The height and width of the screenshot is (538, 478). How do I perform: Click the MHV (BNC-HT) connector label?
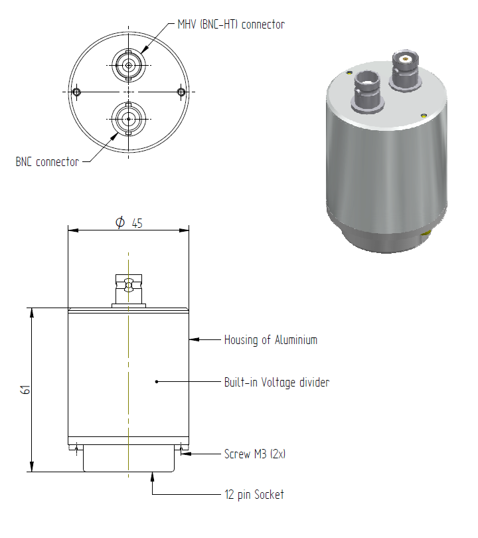[231, 25]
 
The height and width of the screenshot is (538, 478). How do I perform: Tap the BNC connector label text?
[47, 161]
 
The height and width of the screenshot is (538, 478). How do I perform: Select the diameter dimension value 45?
[137, 223]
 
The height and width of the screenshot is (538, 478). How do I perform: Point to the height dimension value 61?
[25, 390]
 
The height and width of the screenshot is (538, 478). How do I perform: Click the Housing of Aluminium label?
[271, 339]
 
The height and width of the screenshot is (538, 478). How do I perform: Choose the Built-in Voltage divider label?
[277, 382]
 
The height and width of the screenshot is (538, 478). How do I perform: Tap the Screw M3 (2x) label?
[255, 454]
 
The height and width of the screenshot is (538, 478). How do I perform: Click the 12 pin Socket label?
[254, 494]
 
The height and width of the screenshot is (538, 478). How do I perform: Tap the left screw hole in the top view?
[76, 92]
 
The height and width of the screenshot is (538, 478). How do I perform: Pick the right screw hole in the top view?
[181, 92]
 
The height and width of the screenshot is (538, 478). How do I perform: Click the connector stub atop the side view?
[129, 291]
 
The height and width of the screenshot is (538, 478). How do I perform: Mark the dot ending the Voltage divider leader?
[157, 381]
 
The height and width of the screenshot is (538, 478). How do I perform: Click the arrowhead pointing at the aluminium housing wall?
[194, 339]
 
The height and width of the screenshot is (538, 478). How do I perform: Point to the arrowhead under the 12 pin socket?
[153, 477]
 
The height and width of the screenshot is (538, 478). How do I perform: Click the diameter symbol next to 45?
[120, 223]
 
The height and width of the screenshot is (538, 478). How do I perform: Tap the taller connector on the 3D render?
[406, 70]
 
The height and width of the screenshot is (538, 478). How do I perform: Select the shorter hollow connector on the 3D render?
[368, 92]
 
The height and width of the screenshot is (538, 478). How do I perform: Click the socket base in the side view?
[129, 458]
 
